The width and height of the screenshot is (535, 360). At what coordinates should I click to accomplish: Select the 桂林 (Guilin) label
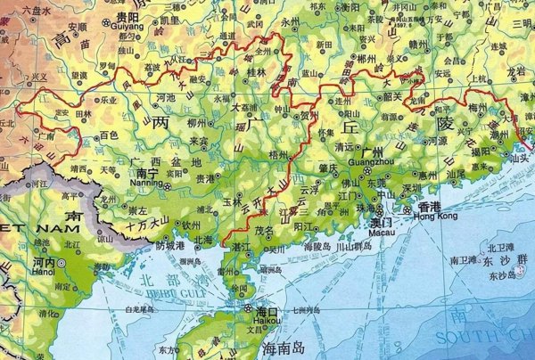(257, 72)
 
